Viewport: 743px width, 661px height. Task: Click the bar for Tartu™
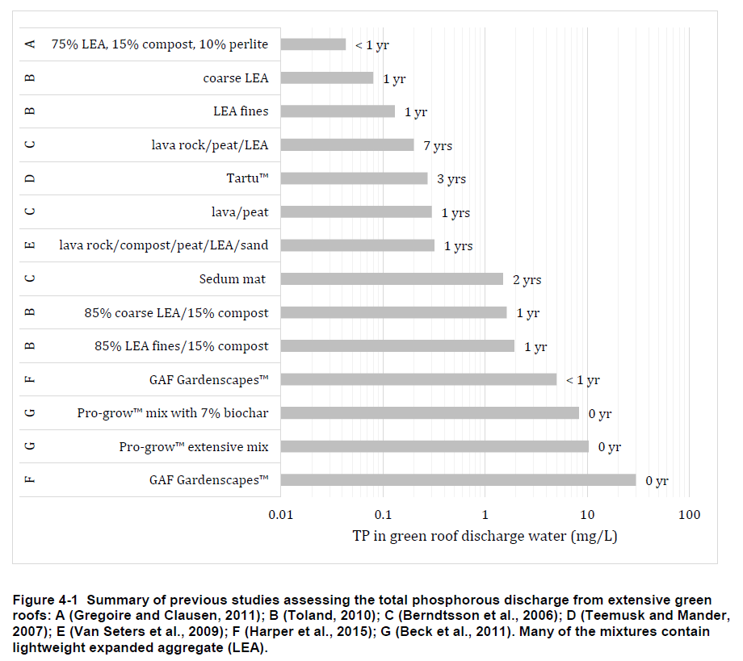click(x=354, y=178)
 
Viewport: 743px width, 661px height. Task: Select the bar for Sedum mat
click(x=392, y=279)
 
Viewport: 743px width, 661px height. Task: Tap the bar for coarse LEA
click(x=326, y=78)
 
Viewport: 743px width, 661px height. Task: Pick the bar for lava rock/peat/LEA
click(x=346, y=145)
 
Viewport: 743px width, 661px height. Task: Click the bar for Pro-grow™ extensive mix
click(x=434, y=446)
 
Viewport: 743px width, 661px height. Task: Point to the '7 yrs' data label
click(x=438, y=146)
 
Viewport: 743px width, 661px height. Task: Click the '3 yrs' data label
click(x=451, y=179)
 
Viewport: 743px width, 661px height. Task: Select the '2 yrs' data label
click(x=527, y=280)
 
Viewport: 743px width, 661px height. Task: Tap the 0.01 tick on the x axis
click(x=280, y=515)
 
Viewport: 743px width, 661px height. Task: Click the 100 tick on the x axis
click(x=689, y=515)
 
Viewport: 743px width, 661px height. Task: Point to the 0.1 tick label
click(x=383, y=515)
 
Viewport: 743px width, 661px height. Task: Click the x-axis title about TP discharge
click(x=485, y=536)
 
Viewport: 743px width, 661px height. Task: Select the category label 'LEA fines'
click(x=241, y=111)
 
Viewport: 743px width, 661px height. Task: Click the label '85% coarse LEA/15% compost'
click(x=176, y=312)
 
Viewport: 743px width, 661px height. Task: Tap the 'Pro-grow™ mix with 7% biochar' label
click(x=173, y=413)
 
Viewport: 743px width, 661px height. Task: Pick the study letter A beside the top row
click(x=30, y=44)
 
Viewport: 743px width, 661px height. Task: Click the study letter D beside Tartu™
click(x=30, y=178)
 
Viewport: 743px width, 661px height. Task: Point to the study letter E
click(x=30, y=245)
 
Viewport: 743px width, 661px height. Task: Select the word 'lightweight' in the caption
click(x=48, y=647)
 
